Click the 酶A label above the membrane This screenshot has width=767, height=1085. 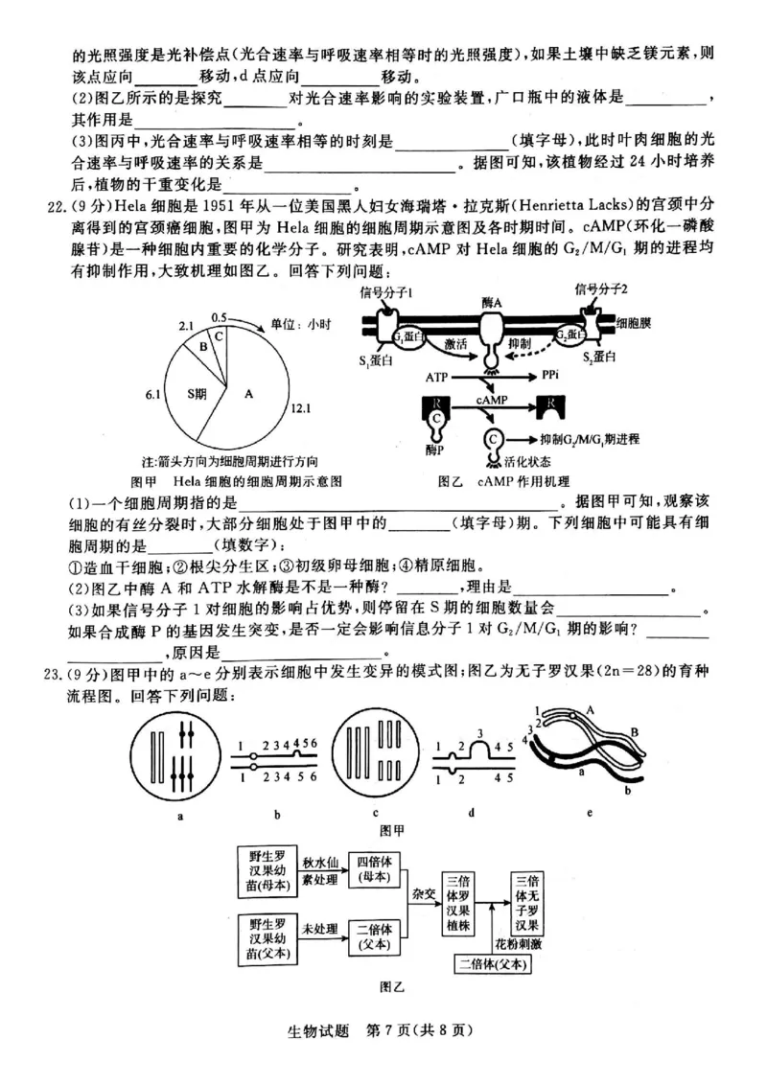pos(492,301)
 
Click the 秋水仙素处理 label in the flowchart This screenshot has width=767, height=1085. pos(321,868)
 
